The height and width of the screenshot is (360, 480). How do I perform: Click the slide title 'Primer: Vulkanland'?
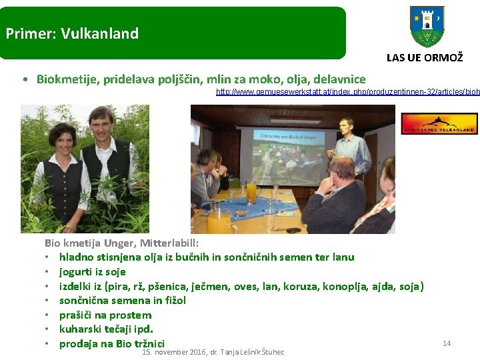click(72, 33)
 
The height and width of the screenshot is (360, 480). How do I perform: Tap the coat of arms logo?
click(427, 27)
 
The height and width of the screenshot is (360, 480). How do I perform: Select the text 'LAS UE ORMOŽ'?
click(424, 58)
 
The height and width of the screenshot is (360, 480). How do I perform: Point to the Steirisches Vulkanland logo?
click(439, 123)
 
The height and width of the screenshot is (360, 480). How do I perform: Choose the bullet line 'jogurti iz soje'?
click(92, 272)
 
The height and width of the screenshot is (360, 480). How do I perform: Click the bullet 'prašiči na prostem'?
click(105, 315)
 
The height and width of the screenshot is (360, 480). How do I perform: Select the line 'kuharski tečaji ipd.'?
click(106, 329)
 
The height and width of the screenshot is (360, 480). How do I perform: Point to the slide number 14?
click(447, 343)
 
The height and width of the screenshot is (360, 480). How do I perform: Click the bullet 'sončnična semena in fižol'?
click(123, 301)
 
